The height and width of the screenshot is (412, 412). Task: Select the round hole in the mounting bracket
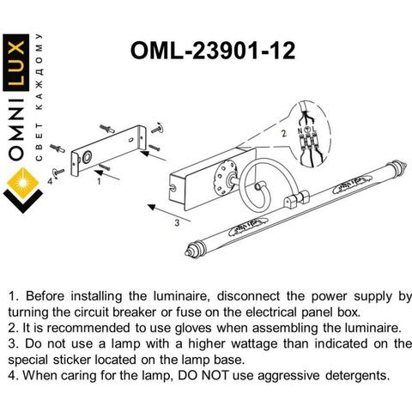point(87,158)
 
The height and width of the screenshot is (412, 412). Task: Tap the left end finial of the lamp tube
point(194,249)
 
